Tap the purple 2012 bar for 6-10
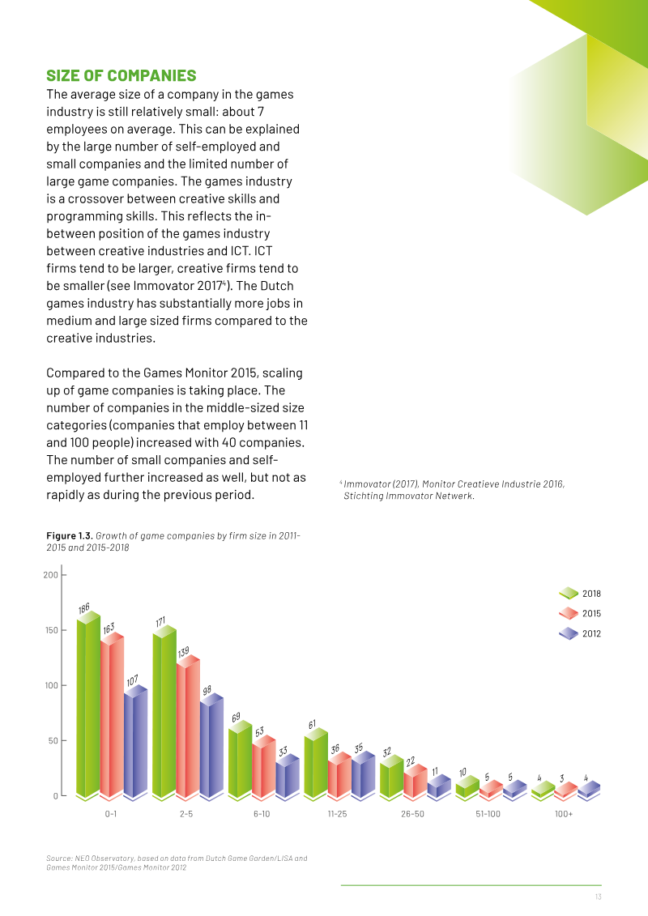pyautogui.click(x=288, y=777)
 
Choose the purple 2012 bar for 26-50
pyautogui.click(x=439, y=786)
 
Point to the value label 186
pyautogui.click(x=84, y=608)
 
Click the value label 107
pyautogui.click(x=133, y=680)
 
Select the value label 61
pyautogui.click(x=312, y=724)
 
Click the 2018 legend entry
pyautogui.click(x=580, y=594)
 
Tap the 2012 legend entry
pyautogui.click(x=580, y=633)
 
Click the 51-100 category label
pyautogui.click(x=488, y=814)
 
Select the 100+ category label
pyautogui.click(x=564, y=814)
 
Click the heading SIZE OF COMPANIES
pyautogui.click(x=122, y=76)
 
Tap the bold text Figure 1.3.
pyautogui.click(x=70, y=535)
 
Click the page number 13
pyautogui.click(x=599, y=897)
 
